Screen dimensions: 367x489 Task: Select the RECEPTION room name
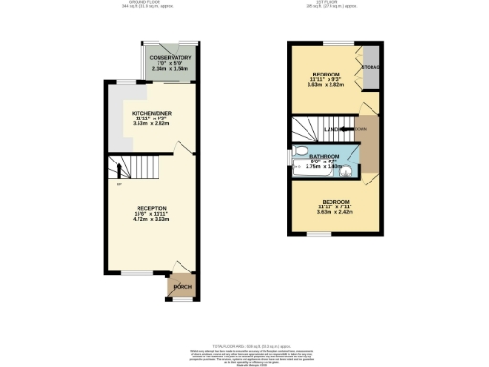[151, 207]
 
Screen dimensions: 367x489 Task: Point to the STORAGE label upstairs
[372, 67]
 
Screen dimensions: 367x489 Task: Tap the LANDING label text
[334, 128]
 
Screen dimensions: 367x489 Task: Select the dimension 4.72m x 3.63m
[151, 220]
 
